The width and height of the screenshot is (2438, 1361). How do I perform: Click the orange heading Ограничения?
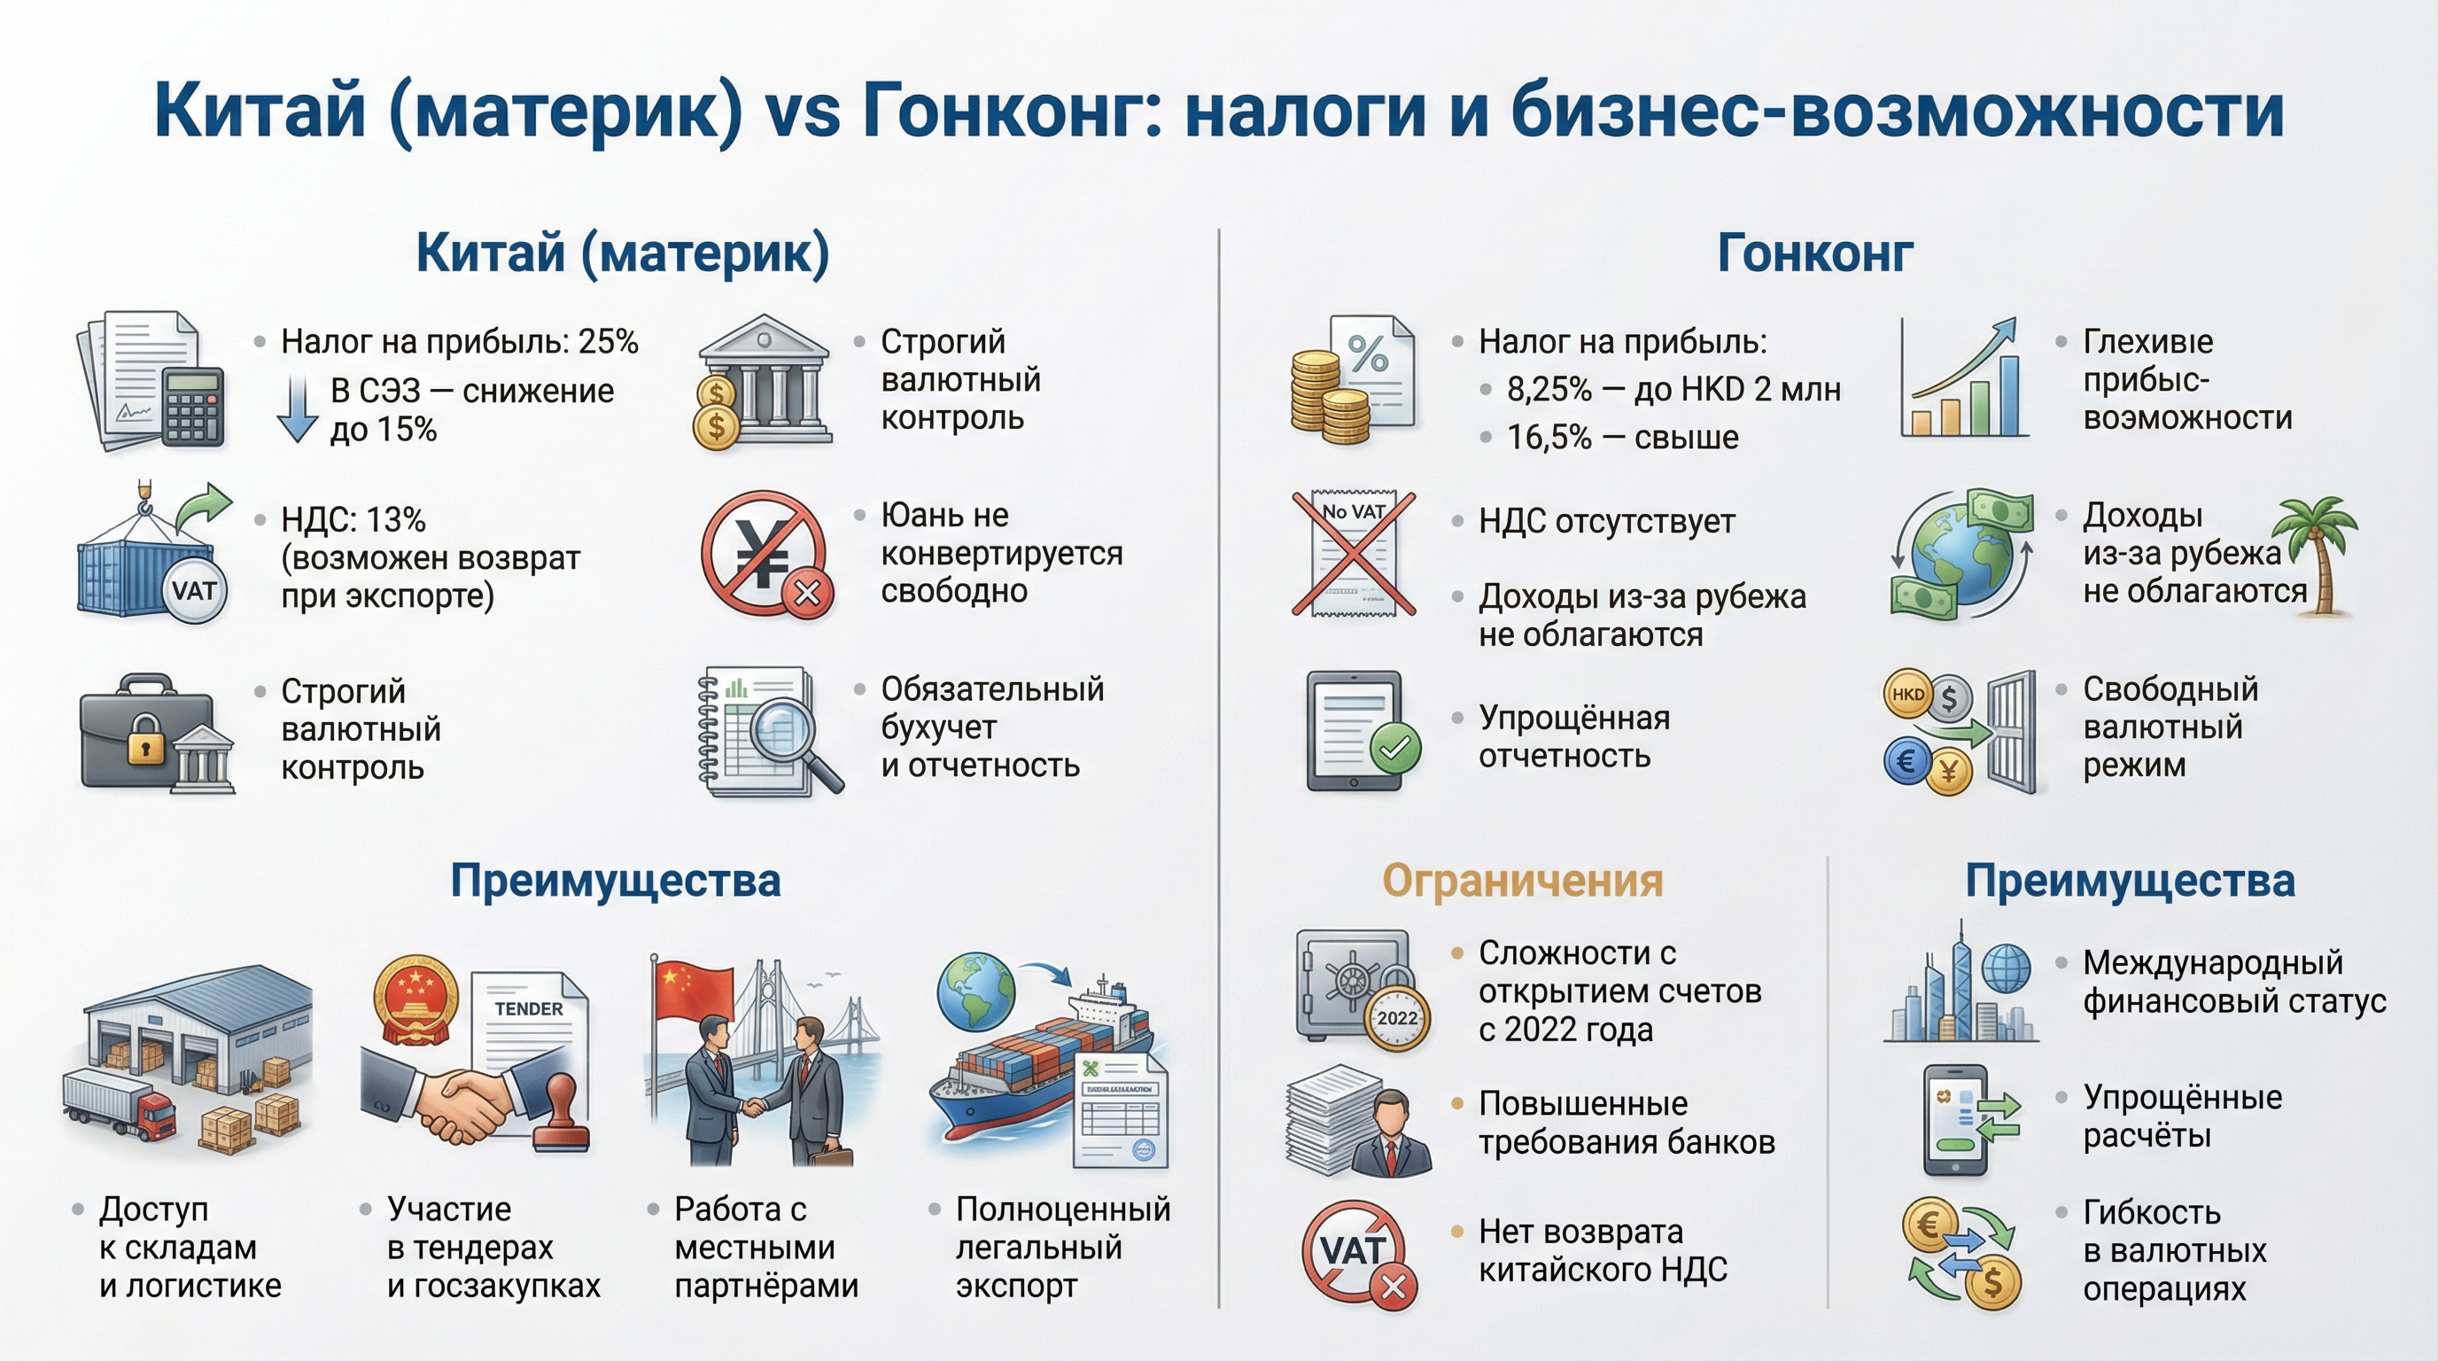(x=1522, y=880)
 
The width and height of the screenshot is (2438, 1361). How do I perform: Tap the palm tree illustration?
(x=2318, y=554)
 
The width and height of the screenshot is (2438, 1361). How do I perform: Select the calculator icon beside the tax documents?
(x=193, y=407)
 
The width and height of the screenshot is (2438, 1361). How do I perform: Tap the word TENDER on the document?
(x=528, y=1009)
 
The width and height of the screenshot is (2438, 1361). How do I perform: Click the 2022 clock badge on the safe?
(x=1397, y=1018)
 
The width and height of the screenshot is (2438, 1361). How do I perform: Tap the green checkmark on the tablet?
(x=1394, y=750)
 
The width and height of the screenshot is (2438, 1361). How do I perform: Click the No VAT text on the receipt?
(x=1354, y=512)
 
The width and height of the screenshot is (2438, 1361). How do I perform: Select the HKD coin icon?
(x=1907, y=694)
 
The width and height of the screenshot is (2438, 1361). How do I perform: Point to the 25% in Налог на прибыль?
(x=608, y=342)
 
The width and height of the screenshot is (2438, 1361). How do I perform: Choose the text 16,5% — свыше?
(x=1622, y=437)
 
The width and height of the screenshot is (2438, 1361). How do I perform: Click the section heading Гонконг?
(x=1814, y=253)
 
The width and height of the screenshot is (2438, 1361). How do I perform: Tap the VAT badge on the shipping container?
(x=194, y=591)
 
